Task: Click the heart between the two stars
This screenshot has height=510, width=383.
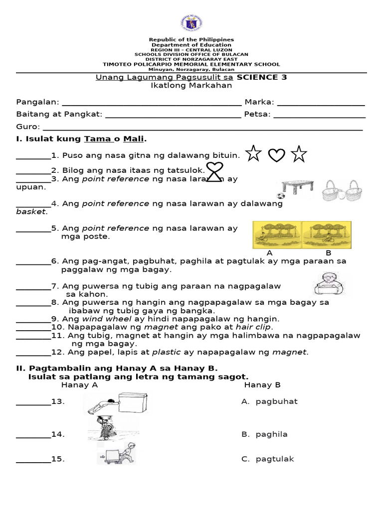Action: point(276,155)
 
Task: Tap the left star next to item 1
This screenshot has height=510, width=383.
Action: point(253,154)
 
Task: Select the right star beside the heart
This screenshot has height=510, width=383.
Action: point(299,154)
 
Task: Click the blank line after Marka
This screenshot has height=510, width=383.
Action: point(321,103)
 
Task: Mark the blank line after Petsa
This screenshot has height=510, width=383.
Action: point(319,115)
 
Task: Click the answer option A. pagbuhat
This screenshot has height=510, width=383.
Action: point(269,401)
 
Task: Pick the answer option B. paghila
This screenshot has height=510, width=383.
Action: point(264,434)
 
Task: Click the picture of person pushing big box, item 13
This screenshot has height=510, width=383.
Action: point(118,403)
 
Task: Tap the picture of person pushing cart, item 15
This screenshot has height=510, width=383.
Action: point(116,454)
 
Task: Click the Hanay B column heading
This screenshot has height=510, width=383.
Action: point(262,385)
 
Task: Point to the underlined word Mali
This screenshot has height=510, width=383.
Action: point(134,138)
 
